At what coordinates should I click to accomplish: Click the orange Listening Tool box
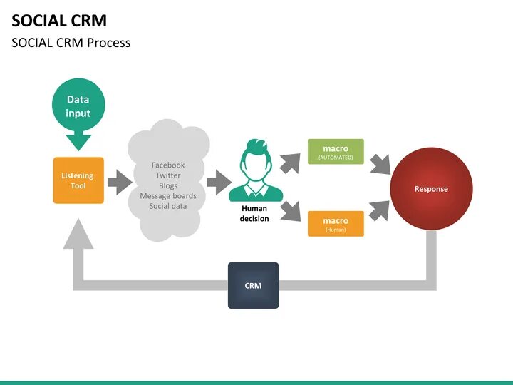78,180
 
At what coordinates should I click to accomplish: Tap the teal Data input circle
78,105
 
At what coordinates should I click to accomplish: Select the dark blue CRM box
253,285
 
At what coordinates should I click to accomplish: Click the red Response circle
431,189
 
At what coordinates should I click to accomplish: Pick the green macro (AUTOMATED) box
336,152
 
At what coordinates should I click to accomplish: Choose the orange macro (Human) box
336,224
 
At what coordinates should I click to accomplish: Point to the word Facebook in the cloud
168,165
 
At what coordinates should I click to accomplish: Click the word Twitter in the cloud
168,175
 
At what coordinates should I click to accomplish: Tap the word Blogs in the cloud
168,185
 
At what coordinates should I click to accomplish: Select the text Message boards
168,196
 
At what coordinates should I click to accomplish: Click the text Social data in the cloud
168,206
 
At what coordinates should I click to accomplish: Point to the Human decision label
254,213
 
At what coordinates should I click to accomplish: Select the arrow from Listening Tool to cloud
120,183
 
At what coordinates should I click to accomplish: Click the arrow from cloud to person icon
219,183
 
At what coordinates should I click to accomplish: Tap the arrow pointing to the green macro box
290,163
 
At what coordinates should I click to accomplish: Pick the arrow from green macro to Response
380,165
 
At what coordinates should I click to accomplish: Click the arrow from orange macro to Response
379,210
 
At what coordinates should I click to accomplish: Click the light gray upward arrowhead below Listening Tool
78,234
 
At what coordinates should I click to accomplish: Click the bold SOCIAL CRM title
59,21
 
